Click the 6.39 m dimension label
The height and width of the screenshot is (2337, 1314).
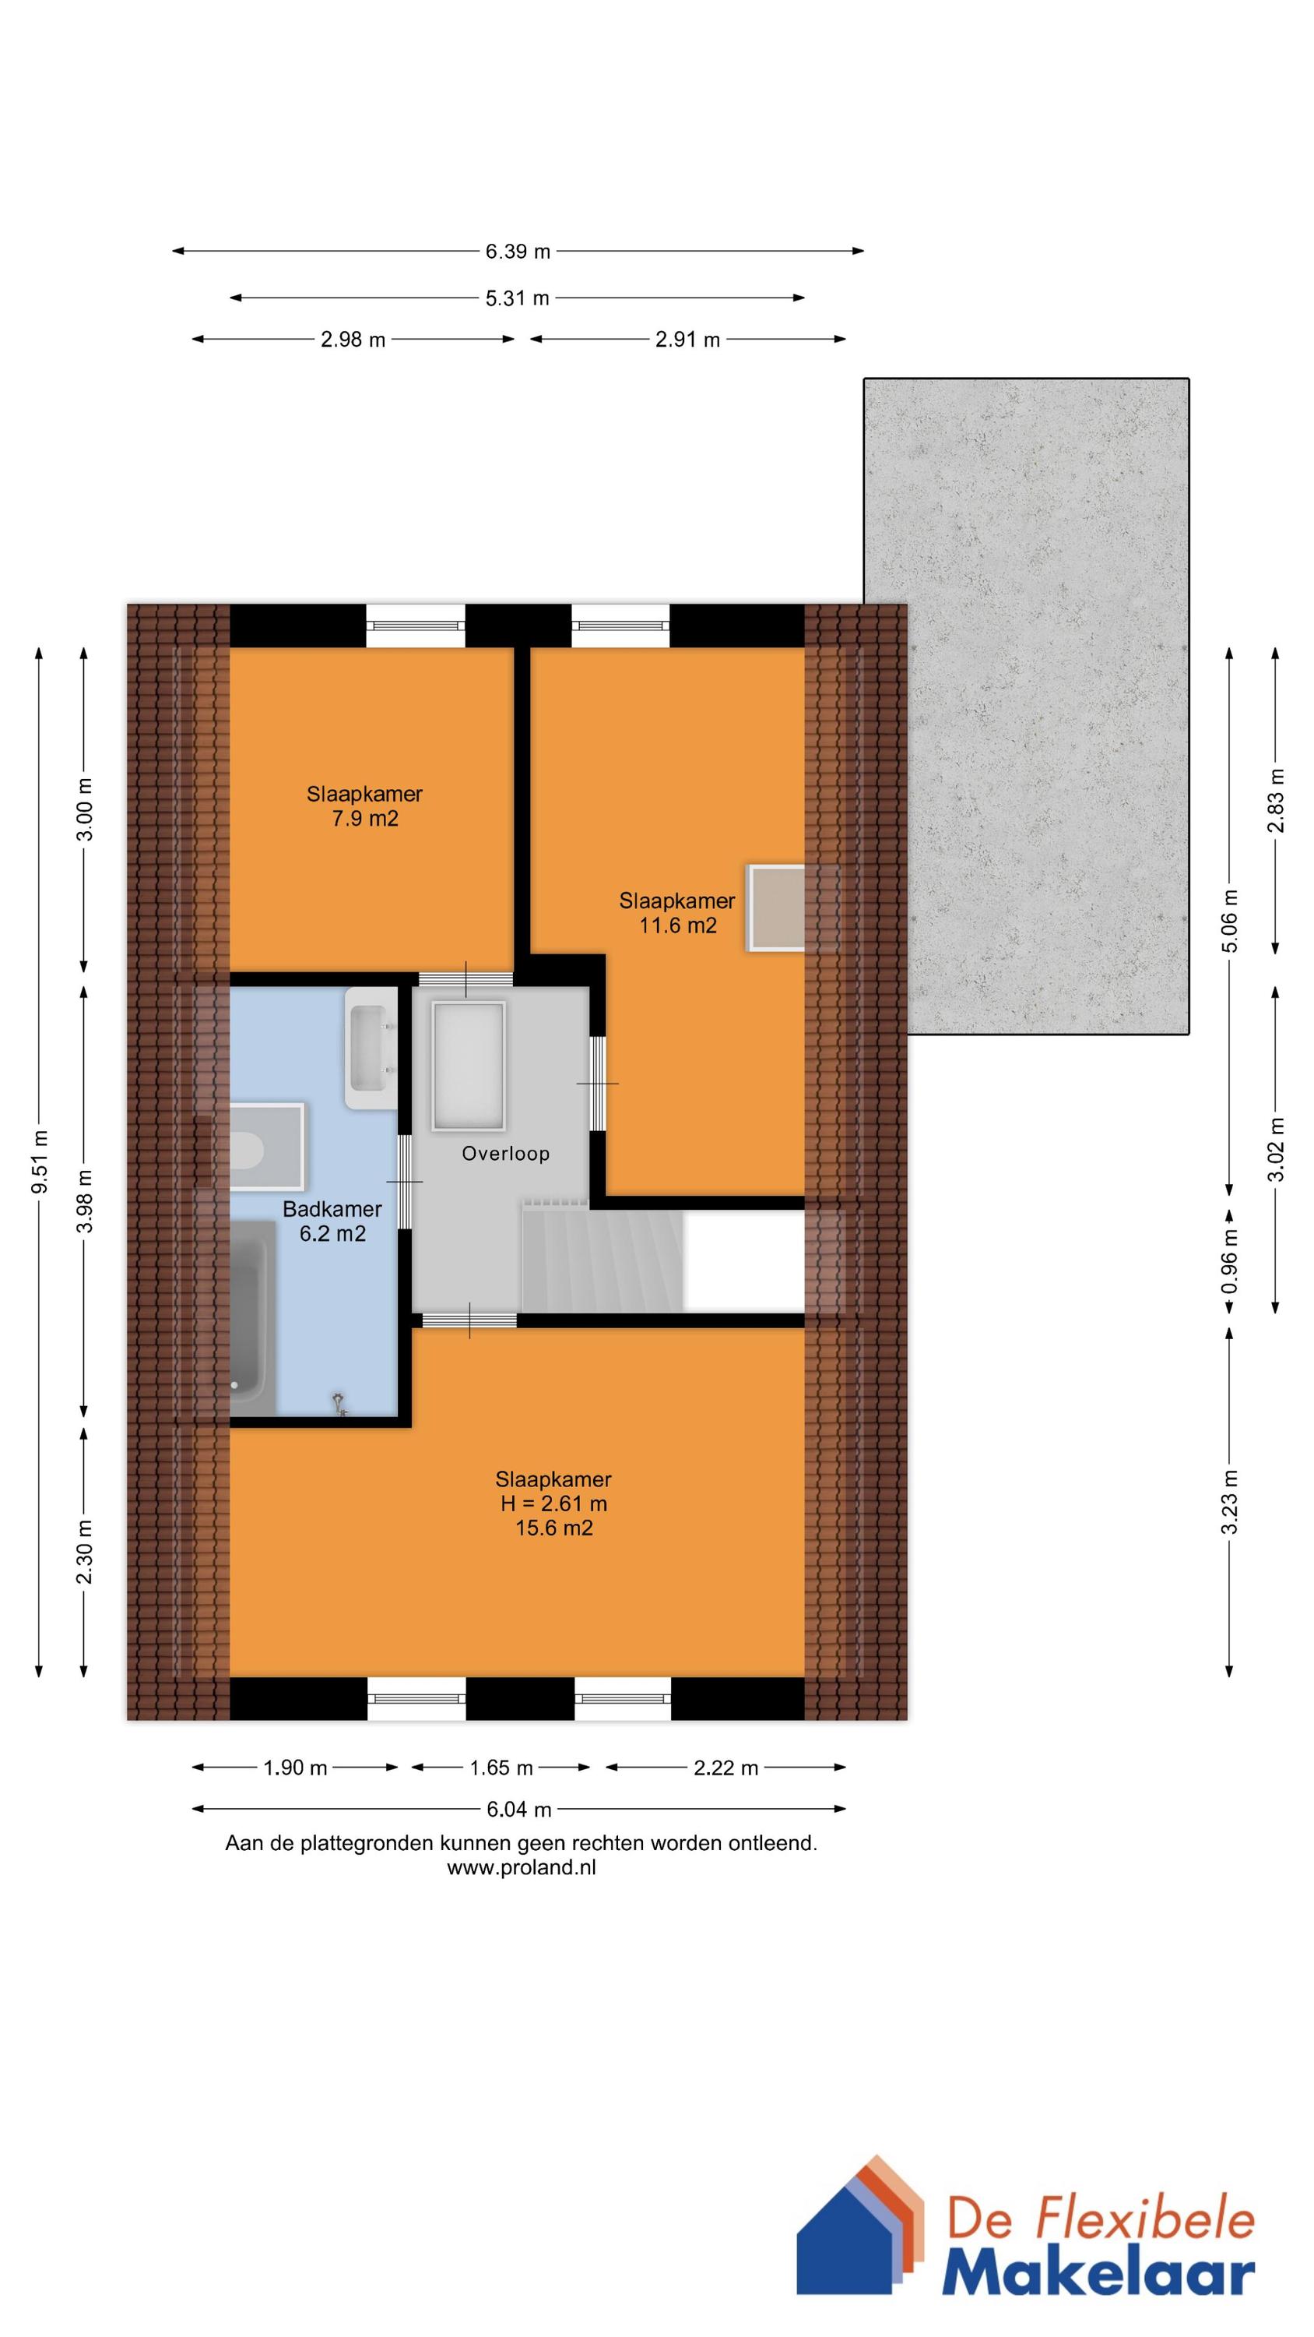(x=518, y=252)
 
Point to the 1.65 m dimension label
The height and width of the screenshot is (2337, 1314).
(x=501, y=1768)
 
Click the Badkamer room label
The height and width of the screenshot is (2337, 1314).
(x=332, y=1208)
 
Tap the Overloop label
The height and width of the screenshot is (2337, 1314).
(x=505, y=1153)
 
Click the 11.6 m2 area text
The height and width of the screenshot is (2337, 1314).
(x=677, y=925)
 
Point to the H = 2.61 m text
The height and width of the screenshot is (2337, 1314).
(x=553, y=1503)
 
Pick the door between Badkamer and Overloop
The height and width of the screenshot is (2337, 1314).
(x=405, y=1181)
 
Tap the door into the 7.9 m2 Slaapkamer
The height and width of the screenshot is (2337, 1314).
(x=466, y=979)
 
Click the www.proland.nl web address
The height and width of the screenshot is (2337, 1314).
(x=522, y=1868)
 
